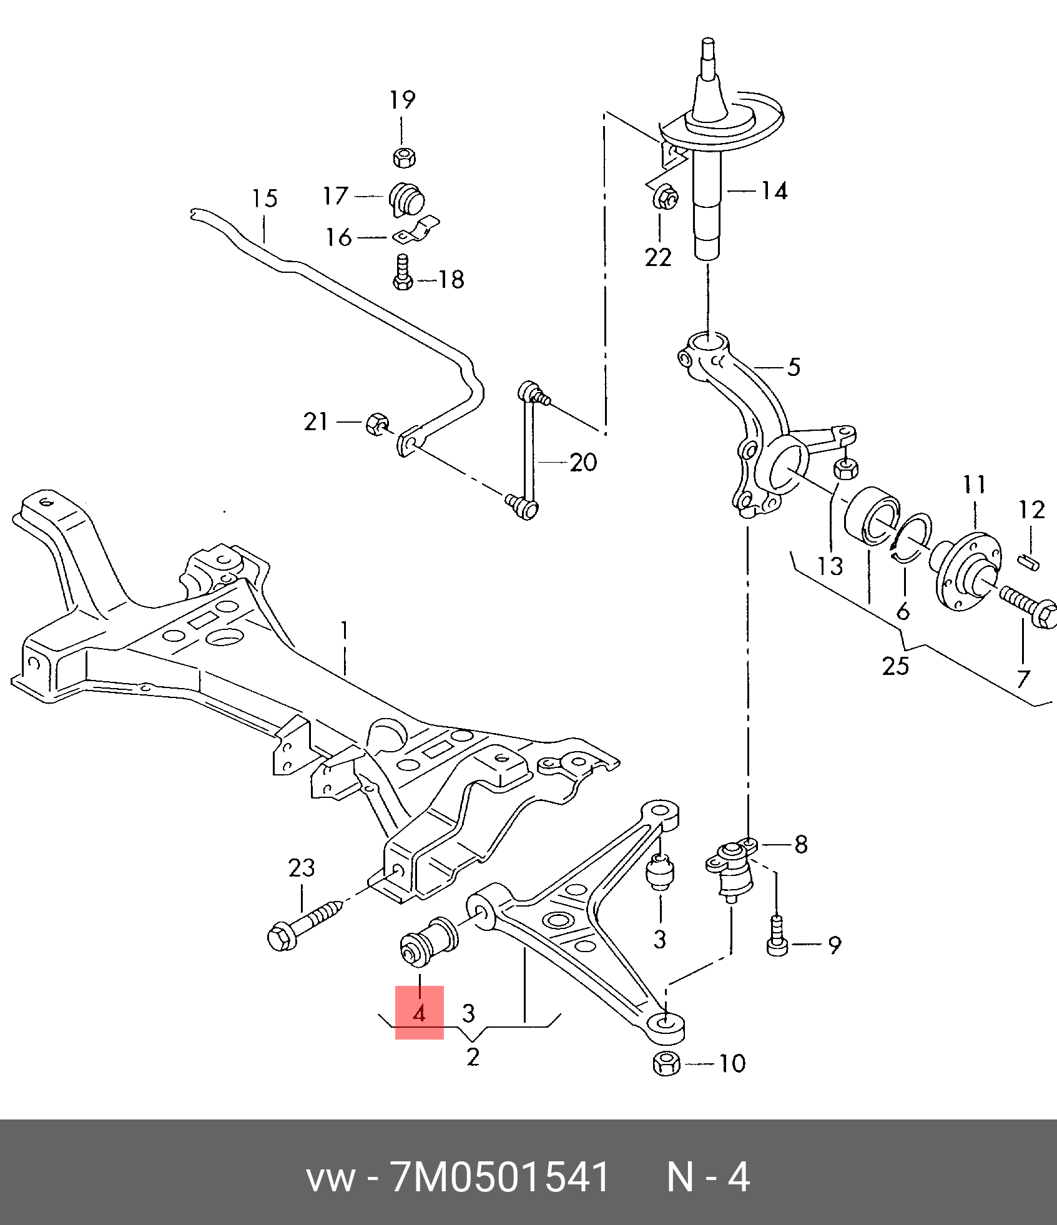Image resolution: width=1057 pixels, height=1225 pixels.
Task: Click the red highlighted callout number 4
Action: click(x=419, y=1013)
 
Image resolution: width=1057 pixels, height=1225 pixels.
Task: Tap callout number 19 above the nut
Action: click(x=402, y=100)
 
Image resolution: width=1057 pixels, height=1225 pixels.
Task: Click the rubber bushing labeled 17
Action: click(x=407, y=199)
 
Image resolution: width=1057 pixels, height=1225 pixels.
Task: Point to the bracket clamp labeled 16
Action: click(x=417, y=231)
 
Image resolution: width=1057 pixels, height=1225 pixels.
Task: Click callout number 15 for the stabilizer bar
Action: click(x=264, y=199)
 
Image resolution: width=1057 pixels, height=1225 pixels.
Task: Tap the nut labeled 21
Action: click(x=376, y=424)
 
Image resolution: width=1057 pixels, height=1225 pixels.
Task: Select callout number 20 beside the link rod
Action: click(x=583, y=463)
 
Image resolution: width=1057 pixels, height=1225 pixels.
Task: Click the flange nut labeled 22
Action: click(x=665, y=198)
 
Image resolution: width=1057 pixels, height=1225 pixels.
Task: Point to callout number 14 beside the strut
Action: click(x=774, y=190)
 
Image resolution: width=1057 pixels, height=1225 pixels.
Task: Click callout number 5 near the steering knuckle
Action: click(x=794, y=367)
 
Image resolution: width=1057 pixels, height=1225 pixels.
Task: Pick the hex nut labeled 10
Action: click(x=667, y=1063)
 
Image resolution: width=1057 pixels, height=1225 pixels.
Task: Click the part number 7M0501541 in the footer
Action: click(x=499, y=1178)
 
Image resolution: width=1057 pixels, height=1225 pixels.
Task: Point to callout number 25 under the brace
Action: click(x=895, y=666)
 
